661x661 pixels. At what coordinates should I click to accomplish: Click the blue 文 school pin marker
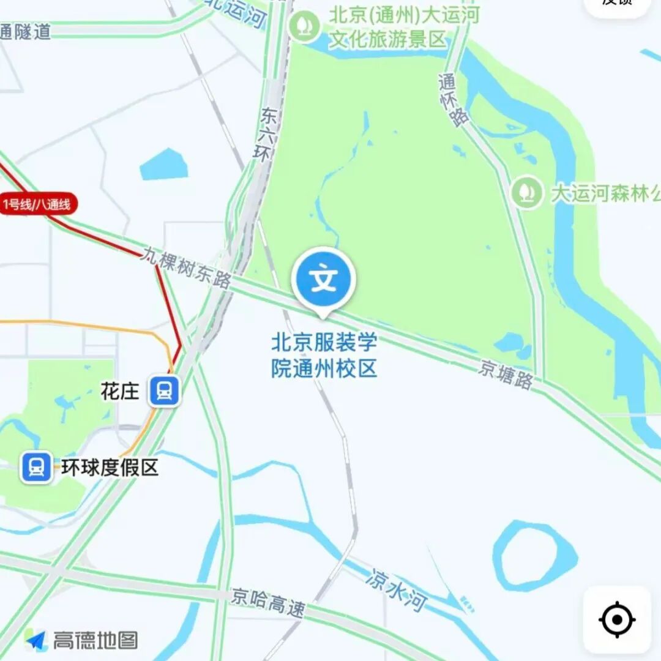[324, 280]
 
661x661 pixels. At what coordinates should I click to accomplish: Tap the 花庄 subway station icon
[164, 390]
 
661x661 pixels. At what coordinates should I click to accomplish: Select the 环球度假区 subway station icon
[37, 468]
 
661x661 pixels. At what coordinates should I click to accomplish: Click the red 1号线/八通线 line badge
[39, 204]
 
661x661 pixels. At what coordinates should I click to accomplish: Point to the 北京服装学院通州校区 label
[324, 355]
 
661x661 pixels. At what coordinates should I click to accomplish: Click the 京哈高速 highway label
[267, 602]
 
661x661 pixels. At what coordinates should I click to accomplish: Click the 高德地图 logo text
[95, 640]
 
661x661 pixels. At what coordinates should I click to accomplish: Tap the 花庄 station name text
[120, 391]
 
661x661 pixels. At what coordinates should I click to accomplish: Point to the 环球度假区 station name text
[110, 468]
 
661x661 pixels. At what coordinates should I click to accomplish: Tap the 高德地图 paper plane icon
[37, 640]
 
